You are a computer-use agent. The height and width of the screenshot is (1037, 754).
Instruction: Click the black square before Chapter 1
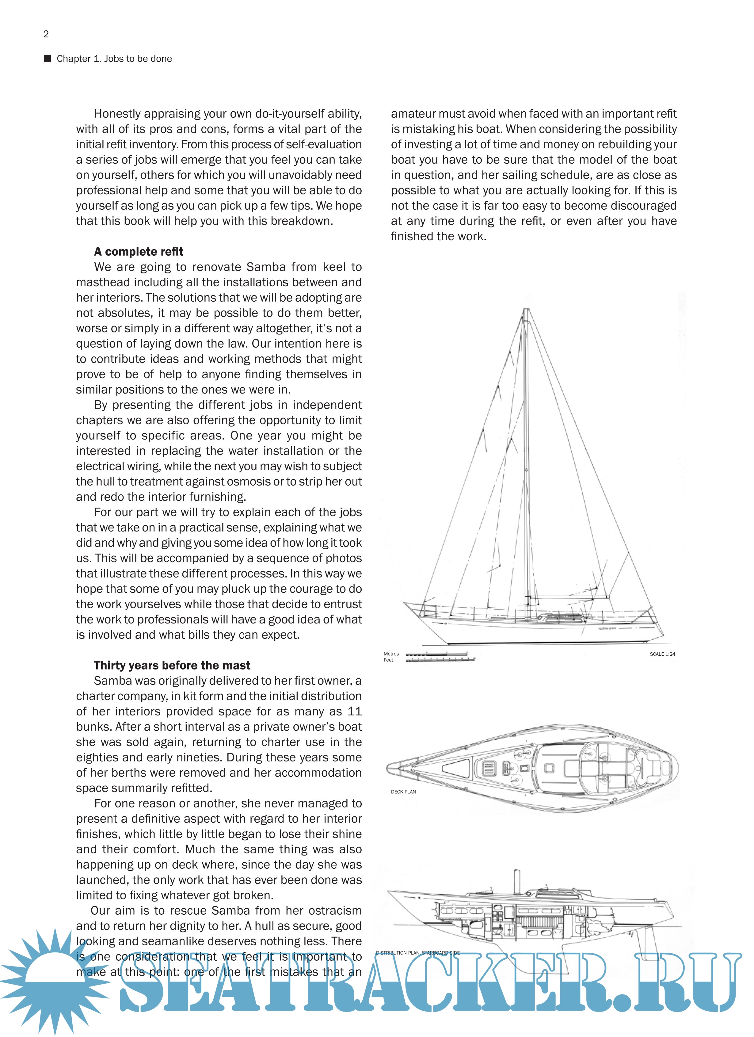point(47,59)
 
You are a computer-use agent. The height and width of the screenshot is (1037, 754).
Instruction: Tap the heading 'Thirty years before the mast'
point(172,665)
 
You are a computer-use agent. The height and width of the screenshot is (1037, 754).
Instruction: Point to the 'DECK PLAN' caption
point(403,792)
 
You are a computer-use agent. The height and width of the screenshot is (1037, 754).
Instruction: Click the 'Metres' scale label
point(391,654)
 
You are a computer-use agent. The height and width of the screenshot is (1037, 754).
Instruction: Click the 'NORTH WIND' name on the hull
point(607,629)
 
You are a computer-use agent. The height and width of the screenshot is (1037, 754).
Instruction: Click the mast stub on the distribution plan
point(518,880)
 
